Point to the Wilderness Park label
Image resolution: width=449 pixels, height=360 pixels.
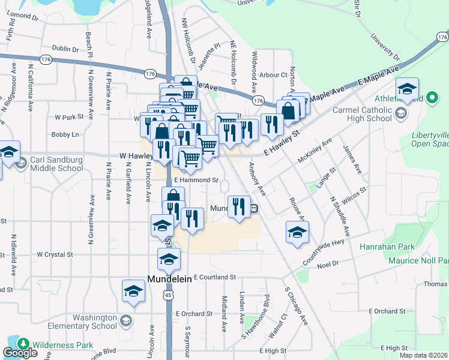coord(62,345)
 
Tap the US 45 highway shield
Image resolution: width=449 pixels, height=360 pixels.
coord(169,295)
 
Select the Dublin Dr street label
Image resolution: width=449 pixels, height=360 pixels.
coord(65,49)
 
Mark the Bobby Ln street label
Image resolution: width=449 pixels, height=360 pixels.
coord(65,134)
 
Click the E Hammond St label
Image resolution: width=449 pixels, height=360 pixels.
coord(196,180)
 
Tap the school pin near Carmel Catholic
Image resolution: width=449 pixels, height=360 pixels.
coord(407,90)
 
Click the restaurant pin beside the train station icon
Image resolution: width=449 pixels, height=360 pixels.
coord(238,206)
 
